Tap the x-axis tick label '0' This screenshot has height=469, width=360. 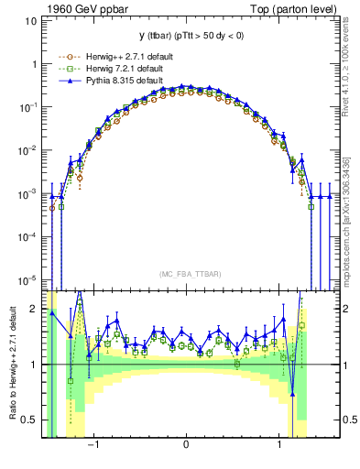(x=187, y=445)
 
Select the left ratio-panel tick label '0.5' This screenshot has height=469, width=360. (x=29, y=420)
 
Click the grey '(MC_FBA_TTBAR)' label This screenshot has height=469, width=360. (x=187, y=274)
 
